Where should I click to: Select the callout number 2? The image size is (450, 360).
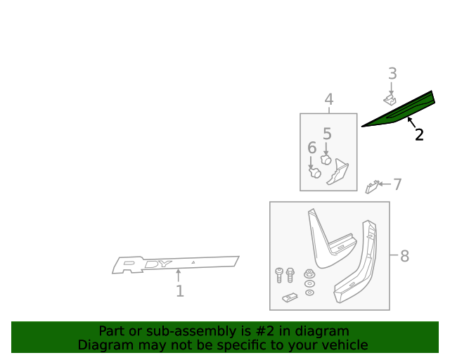[x=419, y=135]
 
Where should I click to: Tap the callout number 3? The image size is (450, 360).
[x=392, y=73]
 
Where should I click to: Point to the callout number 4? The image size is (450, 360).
[x=328, y=100]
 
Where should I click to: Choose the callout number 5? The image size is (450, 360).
[x=327, y=134]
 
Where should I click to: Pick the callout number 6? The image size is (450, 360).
[x=311, y=148]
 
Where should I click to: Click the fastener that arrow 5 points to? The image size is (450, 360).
[x=326, y=160]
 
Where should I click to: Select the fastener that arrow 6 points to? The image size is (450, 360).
[x=316, y=172]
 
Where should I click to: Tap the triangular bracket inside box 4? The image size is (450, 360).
[x=338, y=172]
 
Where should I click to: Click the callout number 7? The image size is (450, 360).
[x=397, y=184]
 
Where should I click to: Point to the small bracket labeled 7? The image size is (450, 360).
[x=373, y=186]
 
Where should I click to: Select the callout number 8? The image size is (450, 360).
[x=404, y=256]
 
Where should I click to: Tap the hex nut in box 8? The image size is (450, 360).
[x=309, y=273]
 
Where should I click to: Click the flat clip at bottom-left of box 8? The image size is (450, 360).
[x=290, y=297]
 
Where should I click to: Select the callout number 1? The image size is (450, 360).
[x=179, y=291]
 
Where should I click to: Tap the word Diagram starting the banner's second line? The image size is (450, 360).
[x=103, y=345]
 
